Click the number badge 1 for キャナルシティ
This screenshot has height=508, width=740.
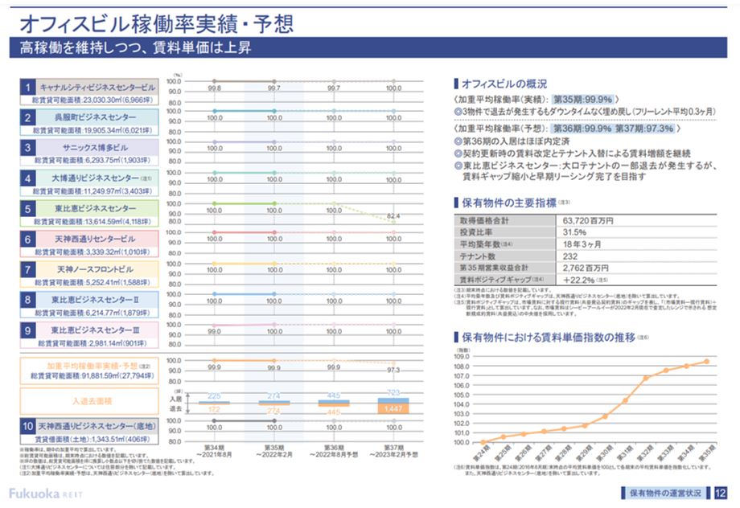pos(27,87)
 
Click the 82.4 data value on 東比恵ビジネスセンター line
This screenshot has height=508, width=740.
pos(393,216)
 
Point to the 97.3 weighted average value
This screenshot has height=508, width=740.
pos(393,370)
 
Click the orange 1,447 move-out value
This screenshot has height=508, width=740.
pos(393,409)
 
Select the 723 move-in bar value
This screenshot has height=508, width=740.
pos(393,392)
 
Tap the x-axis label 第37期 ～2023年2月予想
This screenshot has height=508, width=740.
pos(393,451)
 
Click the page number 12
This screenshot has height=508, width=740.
pos(719,492)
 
